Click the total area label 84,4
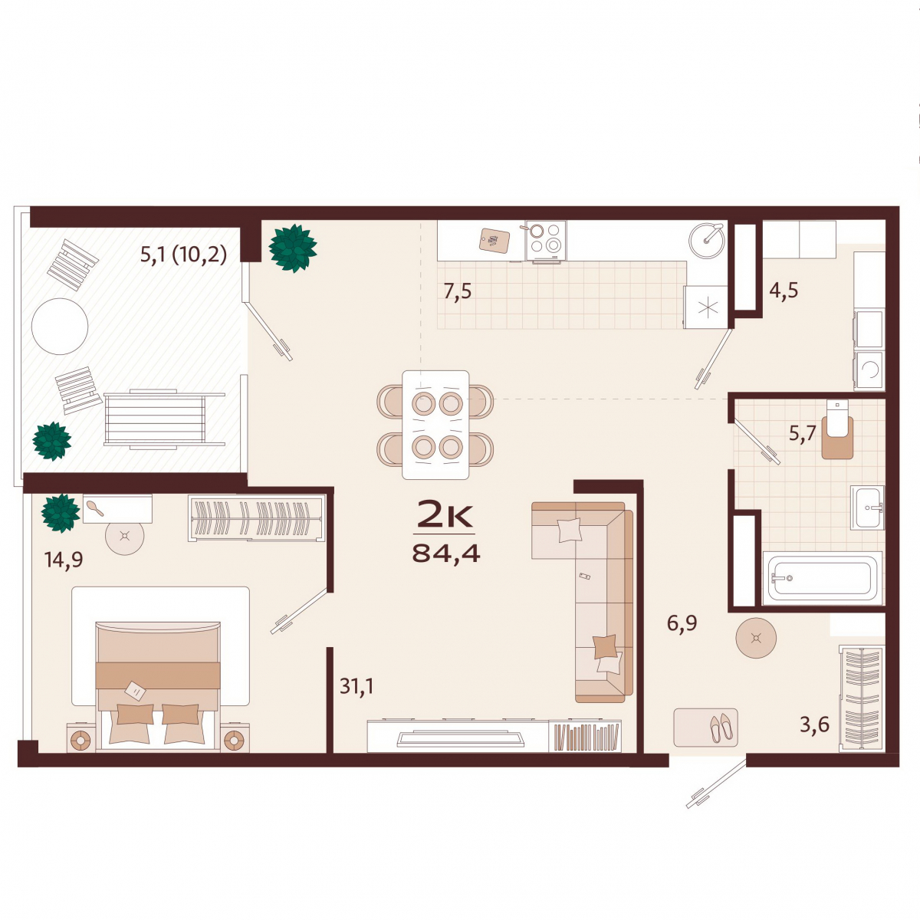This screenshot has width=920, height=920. point(446,554)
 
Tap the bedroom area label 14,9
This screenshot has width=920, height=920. point(64,560)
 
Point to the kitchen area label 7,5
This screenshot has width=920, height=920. point(458,291)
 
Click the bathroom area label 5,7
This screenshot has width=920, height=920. point(802,435)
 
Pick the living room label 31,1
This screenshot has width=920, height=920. point(356,686)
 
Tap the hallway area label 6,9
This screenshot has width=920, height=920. point(682,623)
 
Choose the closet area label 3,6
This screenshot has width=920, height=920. point(815,724)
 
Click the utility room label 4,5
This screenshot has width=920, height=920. point(784,291)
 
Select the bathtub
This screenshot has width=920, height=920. point(822,578)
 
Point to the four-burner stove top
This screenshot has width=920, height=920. point(546,240)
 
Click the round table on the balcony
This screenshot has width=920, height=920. point(60,327)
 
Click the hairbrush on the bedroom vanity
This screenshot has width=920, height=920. point(96,509)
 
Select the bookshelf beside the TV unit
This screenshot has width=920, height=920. point(586,737)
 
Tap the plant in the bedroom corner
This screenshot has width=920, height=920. point(60,513)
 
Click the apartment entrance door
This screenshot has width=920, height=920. point(716,784)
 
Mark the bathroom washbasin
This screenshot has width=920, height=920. point(867,508)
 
